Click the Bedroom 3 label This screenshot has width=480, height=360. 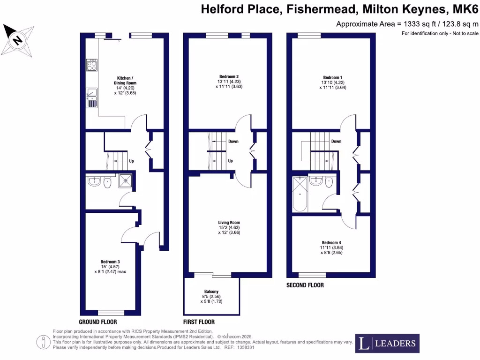pyautogui.click(x=110, y=262)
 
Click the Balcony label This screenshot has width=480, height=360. pyautogui.click(x=211, y=292)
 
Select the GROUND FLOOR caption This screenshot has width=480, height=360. pyautogui.click(x=97, y=322)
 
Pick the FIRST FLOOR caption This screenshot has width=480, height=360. pyautogui.click(x=199, y=322)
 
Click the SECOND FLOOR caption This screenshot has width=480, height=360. pyautogui.click(x=305, y=285)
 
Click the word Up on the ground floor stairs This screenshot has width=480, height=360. pyautogui.click(x=132, y=161)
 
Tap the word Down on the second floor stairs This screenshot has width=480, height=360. pyautogui.click(x=336, y=141)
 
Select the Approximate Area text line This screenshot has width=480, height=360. pyautogui.click(x=407, y=24)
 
